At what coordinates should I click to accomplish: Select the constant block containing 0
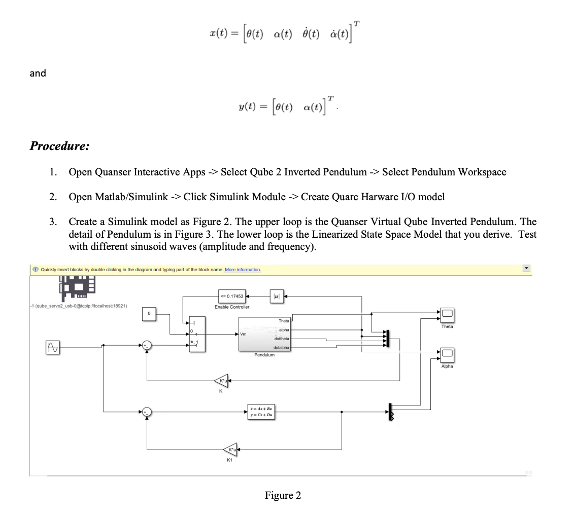pyautogui.click(x=149, y=314)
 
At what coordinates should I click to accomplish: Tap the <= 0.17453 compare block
pyautogui.click(x=231, y=296)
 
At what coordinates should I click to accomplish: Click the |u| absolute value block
pyautogui.click(x=277, y=296)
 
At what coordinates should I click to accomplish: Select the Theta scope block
pyautogui.click(x=447, y=314)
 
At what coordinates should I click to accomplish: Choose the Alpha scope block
pyautogui.click(x=447, y=353)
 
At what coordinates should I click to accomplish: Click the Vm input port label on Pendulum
pyautogui.click(x=244, y=334)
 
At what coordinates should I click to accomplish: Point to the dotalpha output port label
pyautogui.click(x=281, y=348)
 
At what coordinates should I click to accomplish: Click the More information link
pyautogui.click(x=243, y=270)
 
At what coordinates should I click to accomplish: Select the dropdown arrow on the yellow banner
pyautogui.click(x=526, y=269)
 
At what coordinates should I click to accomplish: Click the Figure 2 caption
pyautogui.click(x=283, y=495)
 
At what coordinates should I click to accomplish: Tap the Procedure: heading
pyautogui.click(x=59, y=146)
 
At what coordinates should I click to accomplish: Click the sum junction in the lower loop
pyautogui.click(x=147, y=411)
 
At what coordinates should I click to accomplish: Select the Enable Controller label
pyautogui.click(x=232, y=307)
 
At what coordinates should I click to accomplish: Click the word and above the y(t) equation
pyautogui.click(x=38, y=73)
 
